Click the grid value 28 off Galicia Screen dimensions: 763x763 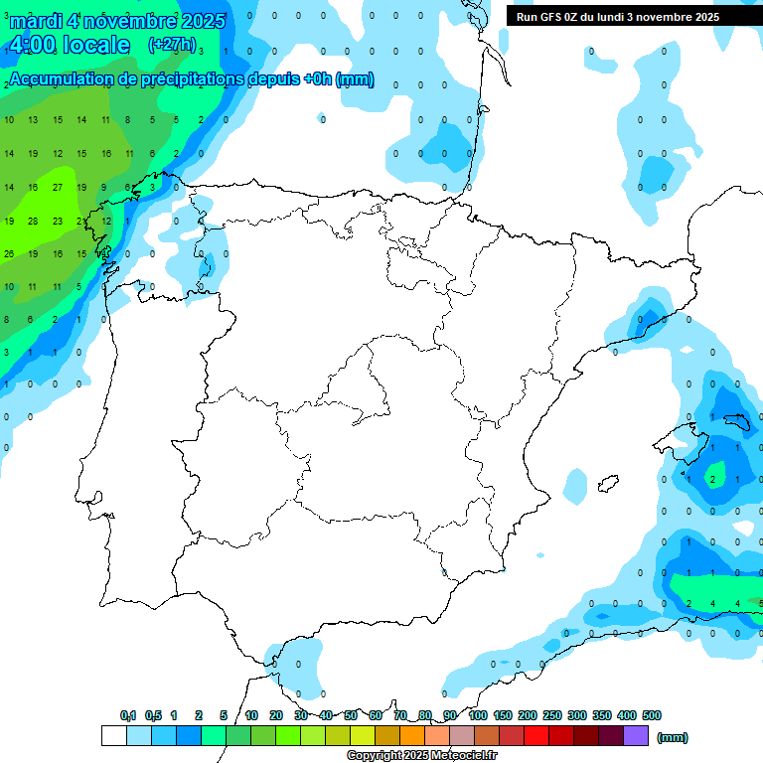click(33, 221)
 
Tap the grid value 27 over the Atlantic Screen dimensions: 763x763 click(58, 187)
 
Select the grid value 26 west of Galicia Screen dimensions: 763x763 click(9, 253)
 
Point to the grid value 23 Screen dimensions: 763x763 click(58, 221)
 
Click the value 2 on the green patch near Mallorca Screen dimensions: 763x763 click(712, 480)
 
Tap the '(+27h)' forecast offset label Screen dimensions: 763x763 click(171, 45)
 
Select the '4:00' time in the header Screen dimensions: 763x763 click(32, 45)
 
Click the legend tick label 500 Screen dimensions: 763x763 click(652, 715)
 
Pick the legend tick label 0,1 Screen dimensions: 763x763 click(128, 715)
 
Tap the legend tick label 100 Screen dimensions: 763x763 click(477, 715)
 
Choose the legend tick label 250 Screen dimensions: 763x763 click(552, 715)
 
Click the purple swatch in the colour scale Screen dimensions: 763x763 click(636, 735)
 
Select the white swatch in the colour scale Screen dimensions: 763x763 click(113, 735)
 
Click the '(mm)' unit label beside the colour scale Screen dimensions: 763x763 click(673, 737)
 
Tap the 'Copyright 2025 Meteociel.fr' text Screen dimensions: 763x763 click(421, 756)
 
